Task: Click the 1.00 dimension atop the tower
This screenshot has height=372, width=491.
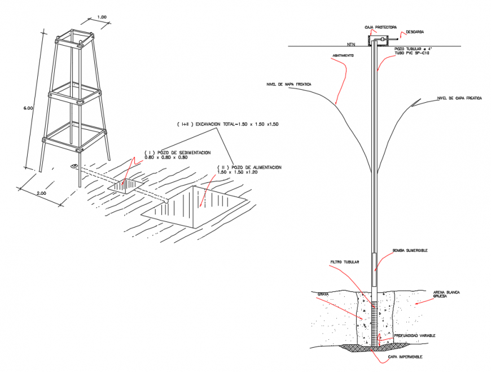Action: pyautogui.click(x=102, y=17)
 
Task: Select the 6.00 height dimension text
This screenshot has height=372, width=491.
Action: pyautogui.click(x=29, y=107)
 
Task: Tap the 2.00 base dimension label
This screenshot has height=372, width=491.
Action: pyautogui.click(x=41, y=194)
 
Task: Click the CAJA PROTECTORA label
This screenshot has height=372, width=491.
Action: pyautogui.click(x=380, y=26)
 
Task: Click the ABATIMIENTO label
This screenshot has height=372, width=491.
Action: pyautogui.click(x=343, y=55)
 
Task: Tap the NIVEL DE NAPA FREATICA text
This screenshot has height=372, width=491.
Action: pyautogui.click(x=289, y=84)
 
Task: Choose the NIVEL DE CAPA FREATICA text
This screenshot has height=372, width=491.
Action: pyautogui.click(x=459, y=98)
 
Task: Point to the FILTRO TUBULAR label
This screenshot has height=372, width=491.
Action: pyautogui.click(x=345, y=262)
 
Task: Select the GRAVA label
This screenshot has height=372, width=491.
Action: pyautogui.click(x=323, y=294)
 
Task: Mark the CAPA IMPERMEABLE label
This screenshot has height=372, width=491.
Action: pyautogui.click(x=404, y=357)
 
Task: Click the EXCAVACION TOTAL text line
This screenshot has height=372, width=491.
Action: pyautogui.click(x=227, y=123)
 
